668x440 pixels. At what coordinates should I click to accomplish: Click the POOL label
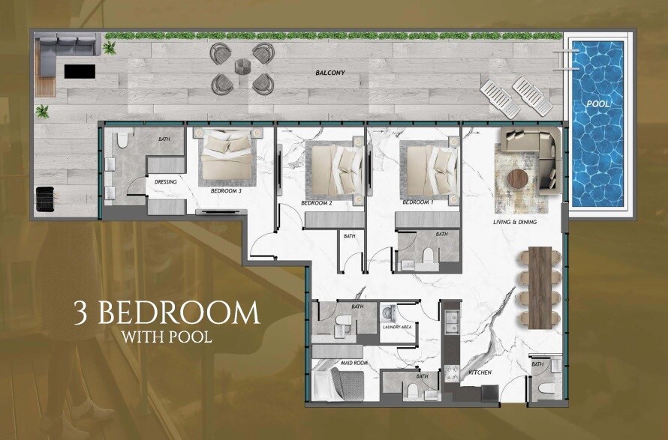coord(598,103)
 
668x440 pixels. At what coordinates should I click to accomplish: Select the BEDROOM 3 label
coord(225,190)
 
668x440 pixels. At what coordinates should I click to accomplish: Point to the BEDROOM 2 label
coord(316,203)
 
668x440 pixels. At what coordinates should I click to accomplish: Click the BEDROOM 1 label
coord(417,203)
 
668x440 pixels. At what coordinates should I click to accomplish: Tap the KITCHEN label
coord(480,372)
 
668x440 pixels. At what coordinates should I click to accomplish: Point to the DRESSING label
coord(166,181)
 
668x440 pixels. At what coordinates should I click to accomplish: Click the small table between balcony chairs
coord(241,67)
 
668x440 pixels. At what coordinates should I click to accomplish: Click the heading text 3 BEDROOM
coord(167,312)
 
